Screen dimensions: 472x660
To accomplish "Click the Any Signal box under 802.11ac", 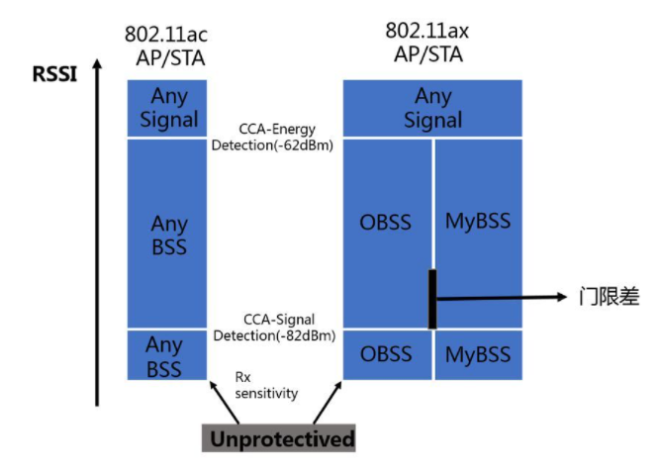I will pos(166,108).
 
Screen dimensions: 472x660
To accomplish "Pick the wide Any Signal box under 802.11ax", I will pos(432,108).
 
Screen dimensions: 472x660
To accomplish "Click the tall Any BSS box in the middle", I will pos(166,233).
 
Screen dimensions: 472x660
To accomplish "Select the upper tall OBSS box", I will pos(386,222).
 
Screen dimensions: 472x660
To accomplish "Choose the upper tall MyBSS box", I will pos(478,222).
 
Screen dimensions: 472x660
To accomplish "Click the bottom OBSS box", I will pos(386,354).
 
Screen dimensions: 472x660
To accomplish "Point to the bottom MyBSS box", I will pos(478,354).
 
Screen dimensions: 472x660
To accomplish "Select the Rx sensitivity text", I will pos(266,385).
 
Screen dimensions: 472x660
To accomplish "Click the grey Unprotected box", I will pos(280,438).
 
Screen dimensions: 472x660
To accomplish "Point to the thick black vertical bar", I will pos(432,297).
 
